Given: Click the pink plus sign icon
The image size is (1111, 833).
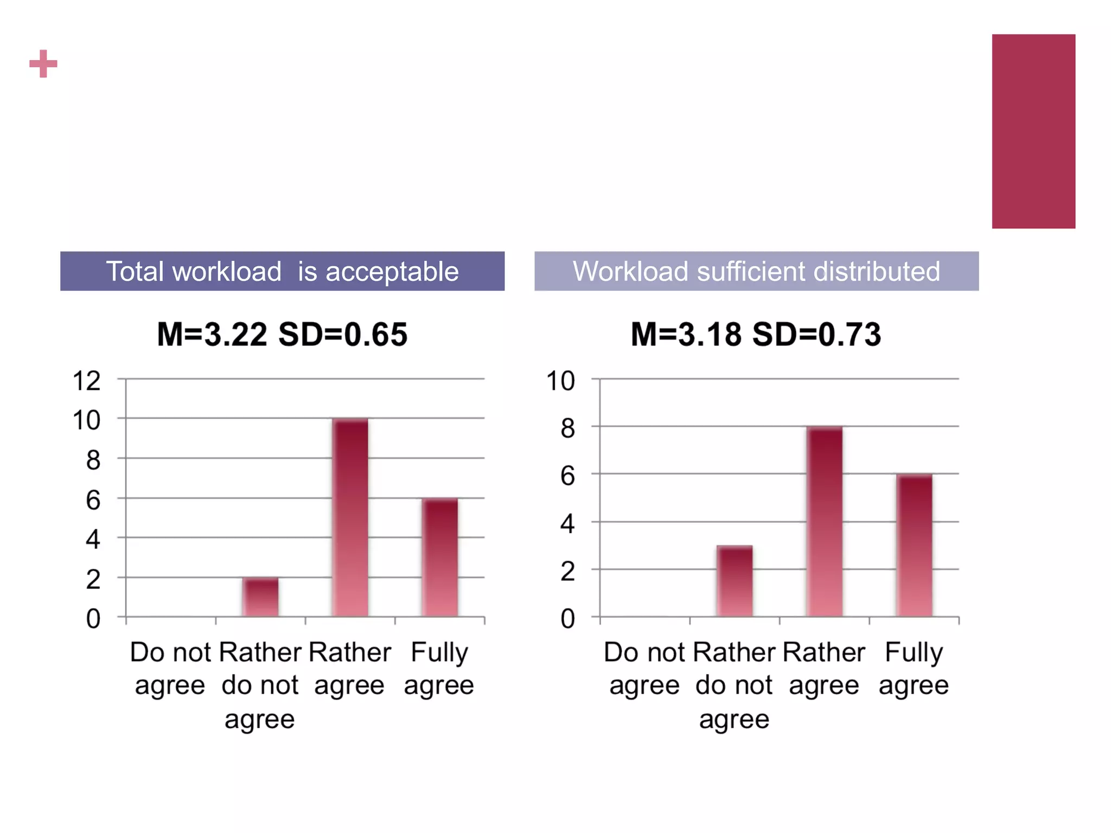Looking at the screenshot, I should (x=43, y=64).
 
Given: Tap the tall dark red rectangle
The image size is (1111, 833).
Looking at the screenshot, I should (x=1033, y=131).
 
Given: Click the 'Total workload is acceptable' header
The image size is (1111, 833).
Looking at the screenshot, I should (x=282, y=271).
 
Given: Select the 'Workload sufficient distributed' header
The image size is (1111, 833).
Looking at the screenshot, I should (x=756, y=271).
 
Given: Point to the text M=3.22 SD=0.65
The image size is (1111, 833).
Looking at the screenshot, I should (x=282, y=334).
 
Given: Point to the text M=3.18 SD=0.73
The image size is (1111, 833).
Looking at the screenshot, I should (x=756, y=334).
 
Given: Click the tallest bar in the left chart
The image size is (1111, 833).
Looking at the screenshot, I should (x=350, y=518).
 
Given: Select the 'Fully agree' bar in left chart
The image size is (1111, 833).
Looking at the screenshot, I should (x=440, y=558).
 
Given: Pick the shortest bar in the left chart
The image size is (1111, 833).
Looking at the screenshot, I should (x=260, y=597).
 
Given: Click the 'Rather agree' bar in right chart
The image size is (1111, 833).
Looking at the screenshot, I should (x=825, y=522).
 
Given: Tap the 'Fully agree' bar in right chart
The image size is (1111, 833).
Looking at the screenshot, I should (x=914, y=546).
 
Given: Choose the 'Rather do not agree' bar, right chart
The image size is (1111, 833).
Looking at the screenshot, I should (x=735, y=581).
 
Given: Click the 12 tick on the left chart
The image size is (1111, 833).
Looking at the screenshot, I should (x=87, y=381).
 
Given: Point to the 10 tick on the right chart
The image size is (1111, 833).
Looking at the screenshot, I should (x=560, y=381).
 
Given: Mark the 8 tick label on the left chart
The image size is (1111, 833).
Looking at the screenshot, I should (x=93, y=460).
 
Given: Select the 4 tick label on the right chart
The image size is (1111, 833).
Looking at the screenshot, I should (x=567, y=524).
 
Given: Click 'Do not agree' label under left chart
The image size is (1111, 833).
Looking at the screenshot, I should (x=170, y=668).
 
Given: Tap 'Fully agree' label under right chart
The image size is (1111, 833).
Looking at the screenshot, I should (x=914, y=668).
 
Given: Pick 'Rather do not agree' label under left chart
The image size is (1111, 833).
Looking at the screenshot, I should (x=260, y=685).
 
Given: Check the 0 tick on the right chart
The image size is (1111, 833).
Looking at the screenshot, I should (x=567, y=619).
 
